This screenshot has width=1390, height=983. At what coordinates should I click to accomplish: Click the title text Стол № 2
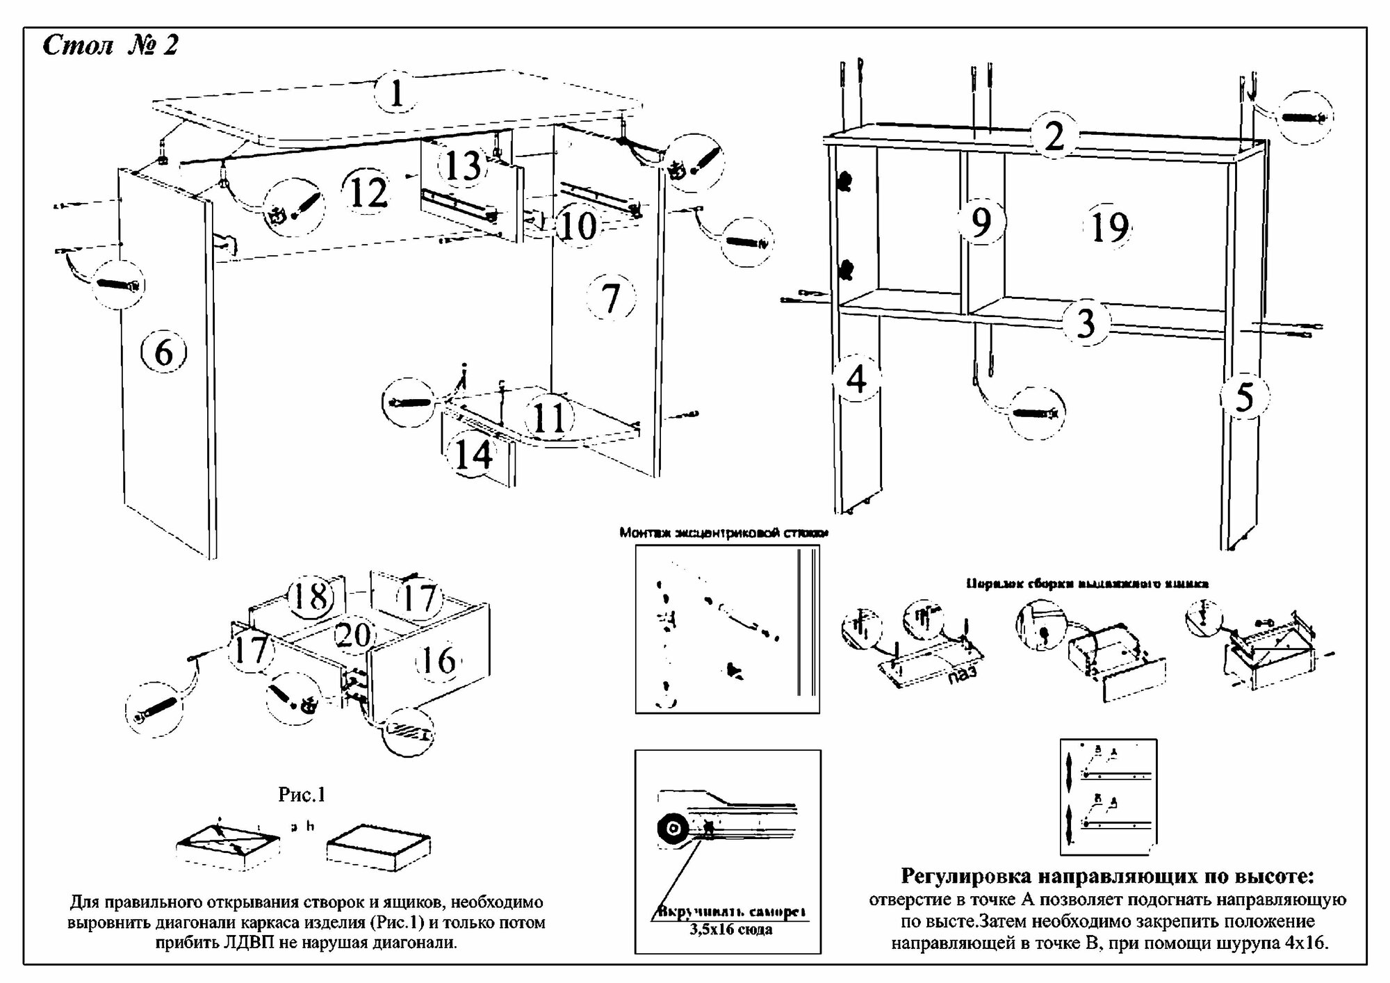[x=111, y=46]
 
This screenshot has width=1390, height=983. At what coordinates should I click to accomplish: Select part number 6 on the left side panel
[x=164, y=352]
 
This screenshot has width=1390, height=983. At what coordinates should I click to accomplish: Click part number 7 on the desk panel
[x=610, y=298]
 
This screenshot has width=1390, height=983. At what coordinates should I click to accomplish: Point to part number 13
[x=463, y=165]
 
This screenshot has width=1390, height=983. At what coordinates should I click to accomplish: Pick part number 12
[x=368, y=193]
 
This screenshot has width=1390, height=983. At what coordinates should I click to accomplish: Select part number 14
[x=474, y=455]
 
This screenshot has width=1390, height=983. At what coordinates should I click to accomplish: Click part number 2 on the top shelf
[x=1054, y=136]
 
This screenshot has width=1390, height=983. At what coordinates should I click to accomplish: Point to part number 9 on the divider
[x=980, y=222]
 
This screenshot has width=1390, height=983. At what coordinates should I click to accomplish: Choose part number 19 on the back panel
[x=1109, y=227]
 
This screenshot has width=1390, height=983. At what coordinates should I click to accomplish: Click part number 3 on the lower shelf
[x=1086, y=323]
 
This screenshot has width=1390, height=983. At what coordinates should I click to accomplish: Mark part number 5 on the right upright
[x=1244, y=397]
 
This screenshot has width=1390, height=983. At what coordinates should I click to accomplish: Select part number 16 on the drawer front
[x=439, y=660]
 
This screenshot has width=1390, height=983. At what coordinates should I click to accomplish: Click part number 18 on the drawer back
[x=310, y=596]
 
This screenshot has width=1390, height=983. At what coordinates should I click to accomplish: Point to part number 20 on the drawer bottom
[x=354, y=635]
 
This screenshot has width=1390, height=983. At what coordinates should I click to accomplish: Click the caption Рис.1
[x=302, y=795]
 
